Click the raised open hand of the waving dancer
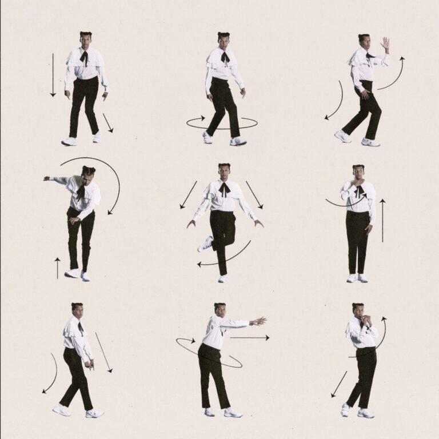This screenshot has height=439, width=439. [385, 44]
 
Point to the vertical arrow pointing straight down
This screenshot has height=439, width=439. [53, 75]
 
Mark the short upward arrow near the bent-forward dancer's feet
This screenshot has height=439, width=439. [57, 268]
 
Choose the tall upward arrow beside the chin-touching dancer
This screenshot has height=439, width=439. [382, 220]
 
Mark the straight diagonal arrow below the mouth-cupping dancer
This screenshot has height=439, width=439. [339, 384]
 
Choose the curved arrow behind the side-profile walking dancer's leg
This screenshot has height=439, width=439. [51, 374]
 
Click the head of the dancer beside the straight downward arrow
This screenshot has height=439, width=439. [86, 40]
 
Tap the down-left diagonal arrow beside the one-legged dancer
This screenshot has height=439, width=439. [188, 195]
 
